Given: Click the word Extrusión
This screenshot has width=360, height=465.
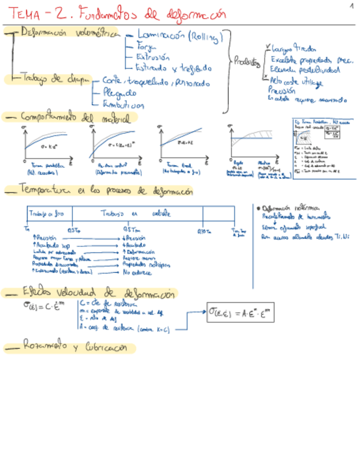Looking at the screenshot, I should tap(153, 58).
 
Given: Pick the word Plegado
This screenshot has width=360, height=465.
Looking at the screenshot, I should tap(120, 93).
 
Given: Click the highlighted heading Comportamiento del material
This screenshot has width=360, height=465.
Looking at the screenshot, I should tap(76, 117).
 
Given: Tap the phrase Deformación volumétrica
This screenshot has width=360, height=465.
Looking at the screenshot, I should tap(69, 33).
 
